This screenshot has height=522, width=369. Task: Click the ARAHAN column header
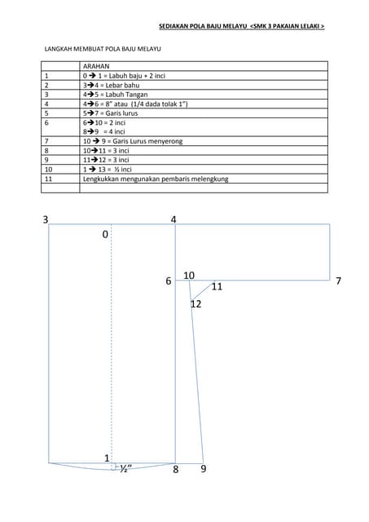click(96, 66)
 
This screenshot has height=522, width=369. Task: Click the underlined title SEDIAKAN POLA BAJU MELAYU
click(203, 26)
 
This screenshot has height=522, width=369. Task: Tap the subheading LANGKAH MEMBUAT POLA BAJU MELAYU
click(103, 49)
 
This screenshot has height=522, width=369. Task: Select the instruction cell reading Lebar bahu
click(111, 85)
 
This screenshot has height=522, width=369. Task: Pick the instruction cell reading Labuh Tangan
click(115, 95)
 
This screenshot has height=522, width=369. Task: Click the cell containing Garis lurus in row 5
click(110, 113)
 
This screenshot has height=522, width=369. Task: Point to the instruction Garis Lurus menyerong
click(133, 141)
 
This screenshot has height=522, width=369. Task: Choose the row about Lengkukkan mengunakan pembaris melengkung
click(156, 179)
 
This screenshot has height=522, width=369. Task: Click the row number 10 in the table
click(49, 170)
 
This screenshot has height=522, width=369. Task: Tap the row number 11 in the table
click(49, 179)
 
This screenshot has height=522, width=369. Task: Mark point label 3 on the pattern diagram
click(46, 219)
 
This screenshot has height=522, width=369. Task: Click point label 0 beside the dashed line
click(105, 234)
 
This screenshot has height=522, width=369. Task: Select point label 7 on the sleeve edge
click(338, 281)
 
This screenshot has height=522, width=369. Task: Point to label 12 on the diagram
click(196, 304)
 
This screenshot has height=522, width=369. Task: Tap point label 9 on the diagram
click(204, 469)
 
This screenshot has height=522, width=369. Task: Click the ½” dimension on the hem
click(125, 468)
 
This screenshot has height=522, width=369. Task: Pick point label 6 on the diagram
click(169, 281)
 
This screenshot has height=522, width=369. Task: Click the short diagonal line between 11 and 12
click(202, 291)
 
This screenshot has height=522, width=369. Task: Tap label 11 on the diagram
click(217, 286)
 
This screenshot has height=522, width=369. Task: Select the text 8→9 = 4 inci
click(103, 131)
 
